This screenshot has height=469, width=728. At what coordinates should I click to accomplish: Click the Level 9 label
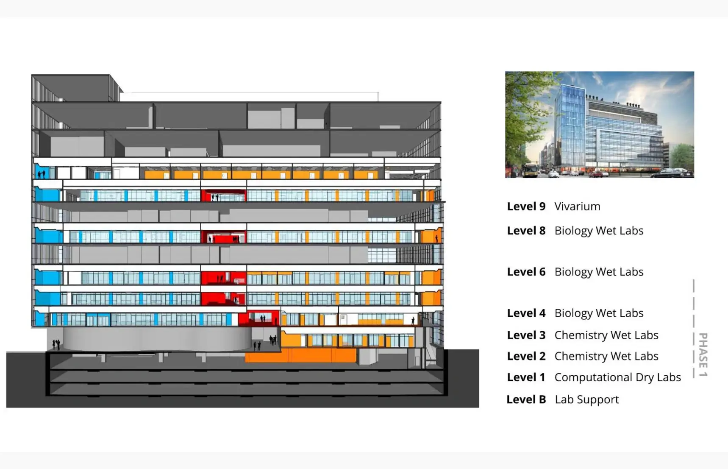tap(526, 207)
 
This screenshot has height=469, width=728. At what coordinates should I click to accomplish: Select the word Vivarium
tap(577, 207)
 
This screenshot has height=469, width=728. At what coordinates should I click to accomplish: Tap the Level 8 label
tap(526, 231)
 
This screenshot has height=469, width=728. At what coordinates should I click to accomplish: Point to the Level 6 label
tap(526, 272)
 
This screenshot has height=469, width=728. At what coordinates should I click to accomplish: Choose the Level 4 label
tap(526, 313)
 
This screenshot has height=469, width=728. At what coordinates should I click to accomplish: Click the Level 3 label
tap(526, 335)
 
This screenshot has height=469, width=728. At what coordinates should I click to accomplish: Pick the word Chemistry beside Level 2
tap(581, 356)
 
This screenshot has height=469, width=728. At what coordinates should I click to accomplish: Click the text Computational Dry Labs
tap(617, 377)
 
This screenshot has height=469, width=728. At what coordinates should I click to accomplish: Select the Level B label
tap(526, 399)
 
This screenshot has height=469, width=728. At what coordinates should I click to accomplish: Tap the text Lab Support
tap(586, 399)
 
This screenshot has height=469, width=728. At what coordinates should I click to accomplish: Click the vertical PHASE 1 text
tap(703, 355)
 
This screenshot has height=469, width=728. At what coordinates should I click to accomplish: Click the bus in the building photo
tap(530, 170)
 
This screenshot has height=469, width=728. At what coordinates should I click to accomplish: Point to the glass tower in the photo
tap(570, 123)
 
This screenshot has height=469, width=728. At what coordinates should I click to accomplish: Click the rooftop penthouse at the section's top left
tap(72, 88)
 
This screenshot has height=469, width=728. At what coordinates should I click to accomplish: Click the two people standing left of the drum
tap(56, 344)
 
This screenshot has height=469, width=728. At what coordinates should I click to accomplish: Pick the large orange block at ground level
tap(301, 355)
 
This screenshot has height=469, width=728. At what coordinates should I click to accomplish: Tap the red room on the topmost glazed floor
tap(224, 196)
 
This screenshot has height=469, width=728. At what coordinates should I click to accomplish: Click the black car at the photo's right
tap(672, 173)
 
